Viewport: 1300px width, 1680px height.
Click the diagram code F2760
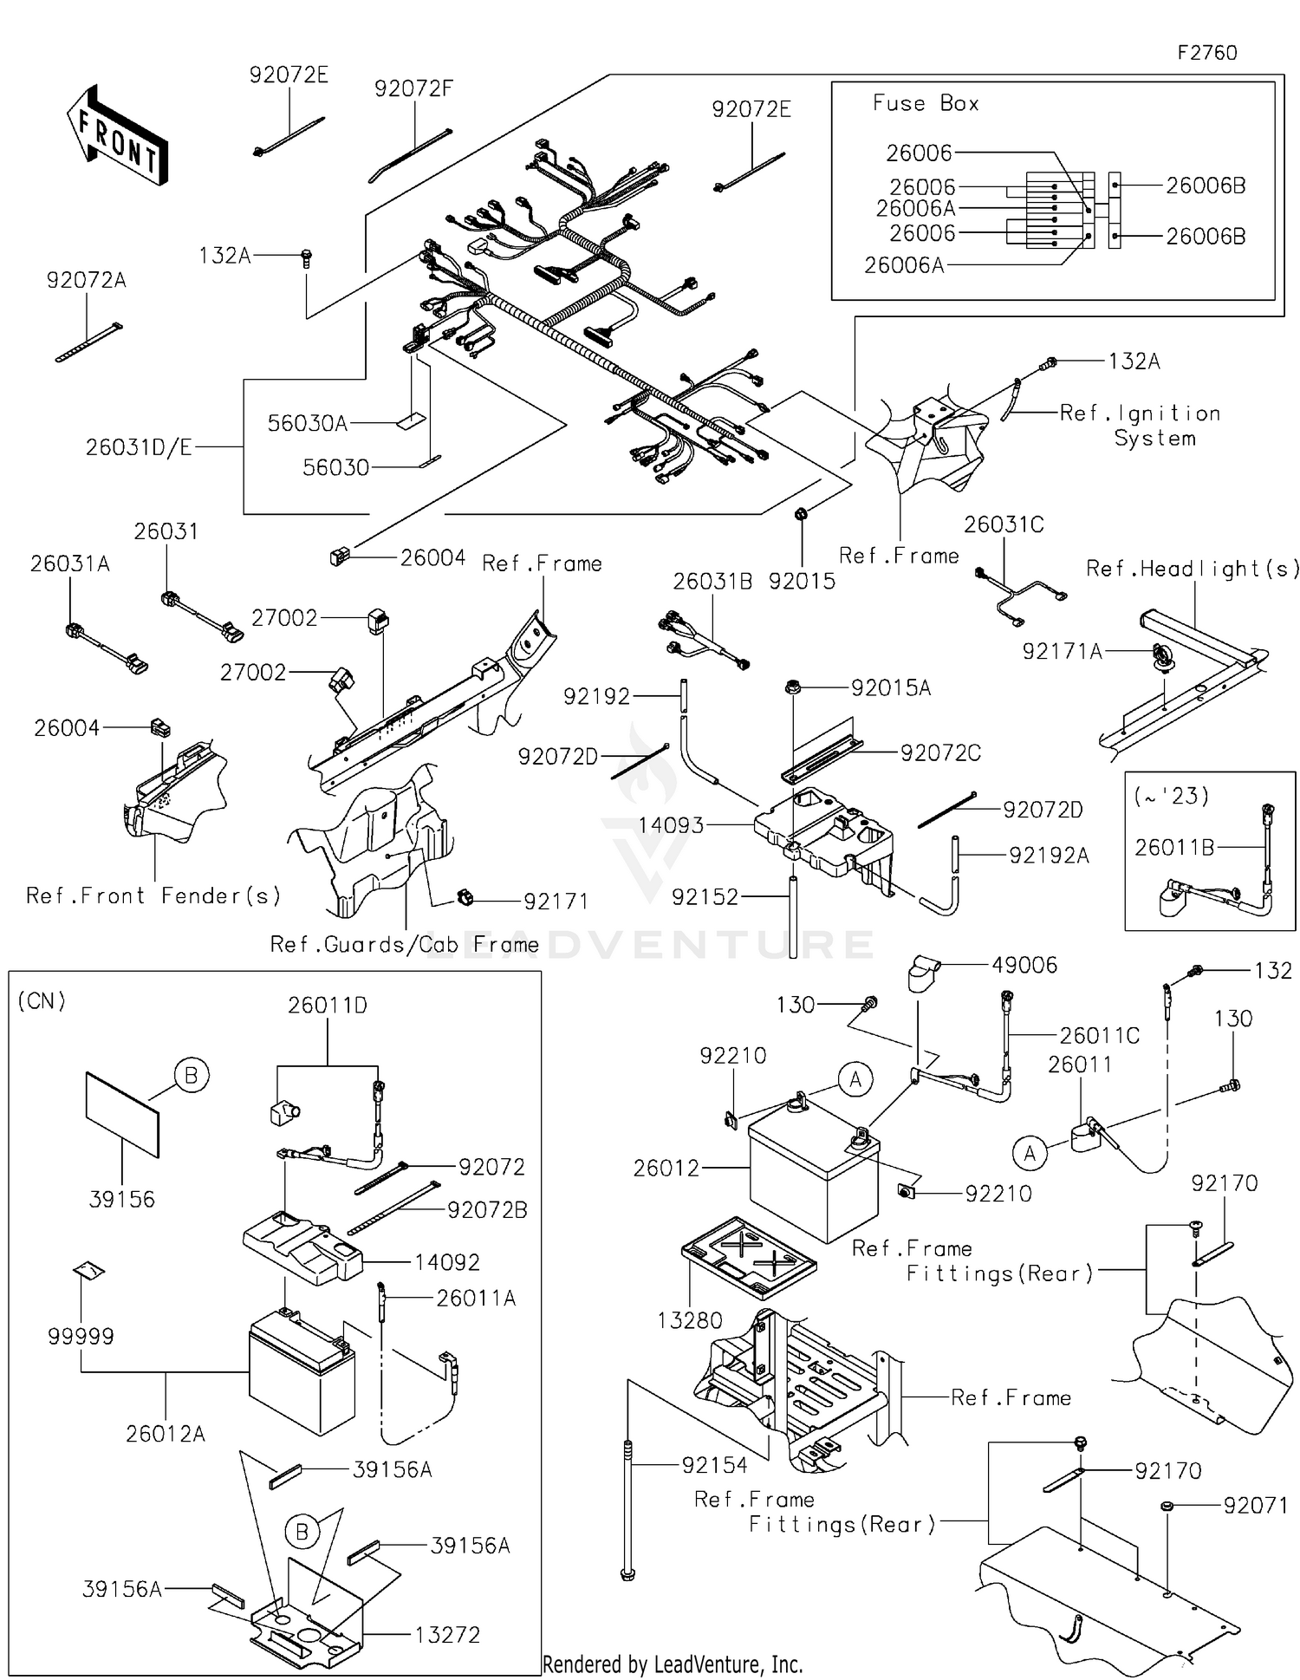tap(1206, 53)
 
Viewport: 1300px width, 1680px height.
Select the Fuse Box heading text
tap(926, 103)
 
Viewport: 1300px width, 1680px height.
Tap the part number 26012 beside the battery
tap(666, 1168)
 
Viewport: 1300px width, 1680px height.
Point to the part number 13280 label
tap(690, 1320)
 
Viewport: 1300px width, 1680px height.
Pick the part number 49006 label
tap(1024, 965)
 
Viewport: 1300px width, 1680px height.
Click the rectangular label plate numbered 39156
tap(123, 1114)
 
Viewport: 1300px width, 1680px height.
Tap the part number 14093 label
tap(671, 825)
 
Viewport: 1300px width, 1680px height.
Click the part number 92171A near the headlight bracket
tap(1062, 651)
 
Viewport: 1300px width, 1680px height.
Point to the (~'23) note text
tap(1171, 795)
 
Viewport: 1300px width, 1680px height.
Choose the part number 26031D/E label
tap(139, 447)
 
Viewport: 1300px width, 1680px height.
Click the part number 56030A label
tap(307, 423)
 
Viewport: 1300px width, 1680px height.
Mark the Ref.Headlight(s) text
tap(1193, 569)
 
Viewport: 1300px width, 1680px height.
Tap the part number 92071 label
tap(1255, 1506)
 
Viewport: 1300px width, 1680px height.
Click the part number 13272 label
tap(447, 1634)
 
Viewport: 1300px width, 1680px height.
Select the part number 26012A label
tap(166, 1434)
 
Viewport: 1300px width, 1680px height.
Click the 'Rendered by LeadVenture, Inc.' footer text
tap(673, 1664)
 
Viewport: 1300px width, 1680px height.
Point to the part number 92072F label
tap(413, 88)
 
